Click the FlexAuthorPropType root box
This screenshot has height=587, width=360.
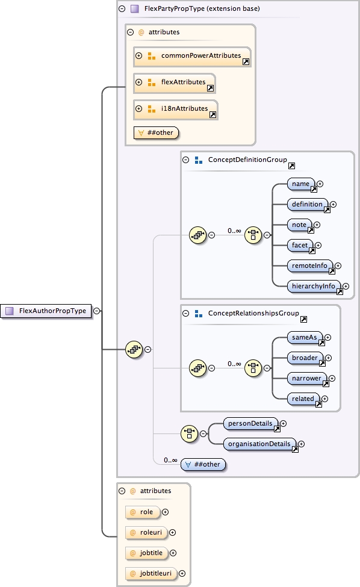pyautogui.click(x=47, y=311)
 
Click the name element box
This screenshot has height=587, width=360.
pyautogui.click(x=301, y=184)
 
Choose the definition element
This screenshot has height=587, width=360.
pyautogui.click(x=308, y=205)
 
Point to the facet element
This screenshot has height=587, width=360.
pyautogui.click(x=300, y=246)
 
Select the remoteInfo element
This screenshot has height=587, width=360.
pyautogui.click(x=309, y=266)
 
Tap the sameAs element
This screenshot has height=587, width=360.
pyautogui.click(x=304, y=338)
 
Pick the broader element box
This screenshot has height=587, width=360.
pyautogui.click(x=306, y=358)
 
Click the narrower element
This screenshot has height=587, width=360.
pyautogui.click(x=306, y=379)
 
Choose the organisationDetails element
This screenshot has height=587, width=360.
pyautogui.click(x=259, y=444)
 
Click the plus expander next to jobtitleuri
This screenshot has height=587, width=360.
pyautogui.click(x=182, y=574)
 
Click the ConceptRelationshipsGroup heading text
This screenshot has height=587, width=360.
pyautogui.click(x=253, y=314)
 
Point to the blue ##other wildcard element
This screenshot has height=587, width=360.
pyautogui.click(x=205, y=464)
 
